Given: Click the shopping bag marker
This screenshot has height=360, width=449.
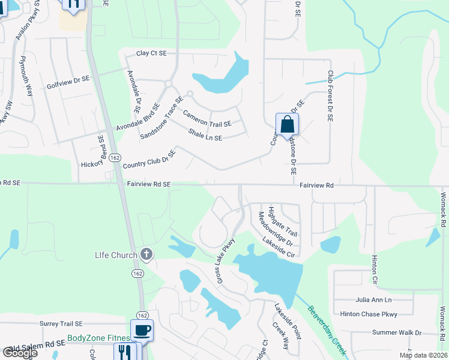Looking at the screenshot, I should point(288,125).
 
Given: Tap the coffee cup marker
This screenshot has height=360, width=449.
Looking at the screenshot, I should point(142,330).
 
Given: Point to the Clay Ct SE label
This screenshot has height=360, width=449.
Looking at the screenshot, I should point(151,53).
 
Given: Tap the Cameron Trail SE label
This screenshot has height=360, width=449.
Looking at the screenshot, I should point(206,118).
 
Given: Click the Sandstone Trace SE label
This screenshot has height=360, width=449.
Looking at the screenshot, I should point(161,118).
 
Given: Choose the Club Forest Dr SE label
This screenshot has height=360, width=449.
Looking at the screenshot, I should point(330,97).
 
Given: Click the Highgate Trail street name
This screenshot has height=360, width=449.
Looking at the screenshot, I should point(283,221).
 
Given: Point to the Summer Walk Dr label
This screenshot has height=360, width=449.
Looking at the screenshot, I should point(397,332).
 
